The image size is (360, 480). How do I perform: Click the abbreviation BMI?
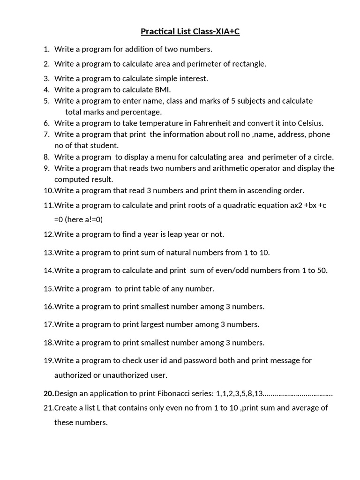coord(162,90)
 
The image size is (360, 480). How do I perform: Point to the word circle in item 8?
coord(322,157)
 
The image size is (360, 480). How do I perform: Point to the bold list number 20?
coord(48,394)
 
